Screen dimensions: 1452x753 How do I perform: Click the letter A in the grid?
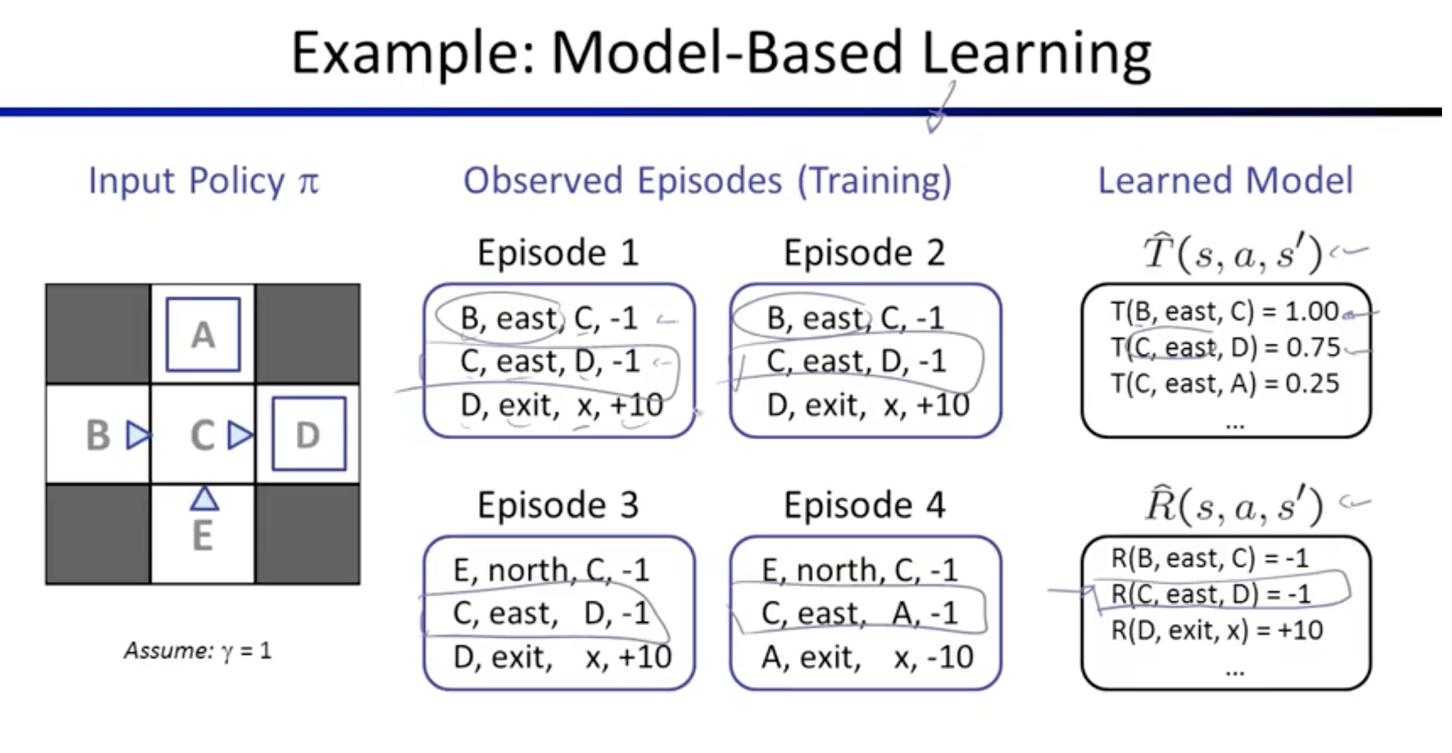coord(203,335)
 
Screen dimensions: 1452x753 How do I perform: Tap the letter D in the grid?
coord(307,436)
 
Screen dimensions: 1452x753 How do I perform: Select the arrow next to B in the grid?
coord(139,435)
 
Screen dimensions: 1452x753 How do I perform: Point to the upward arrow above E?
coord(204,498)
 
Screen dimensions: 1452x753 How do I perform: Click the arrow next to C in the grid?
coord(241,435)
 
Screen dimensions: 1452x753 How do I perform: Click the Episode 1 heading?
coord(558,253)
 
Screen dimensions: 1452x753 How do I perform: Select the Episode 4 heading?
coord(865,505)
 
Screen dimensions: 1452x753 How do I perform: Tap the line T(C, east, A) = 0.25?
coord(1225,384)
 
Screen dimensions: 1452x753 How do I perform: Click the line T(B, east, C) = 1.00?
coord(1225,311)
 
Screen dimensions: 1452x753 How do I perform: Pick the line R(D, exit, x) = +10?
coord(1217,630)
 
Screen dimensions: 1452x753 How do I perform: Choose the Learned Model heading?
coord(1226,180)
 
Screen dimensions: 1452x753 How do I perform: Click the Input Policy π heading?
coord(204,181)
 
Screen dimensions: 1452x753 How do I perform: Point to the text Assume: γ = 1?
coord(198,651)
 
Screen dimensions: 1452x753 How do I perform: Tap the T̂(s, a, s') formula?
coord(1233,253)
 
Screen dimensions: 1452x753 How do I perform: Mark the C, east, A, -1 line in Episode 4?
coord(860,614)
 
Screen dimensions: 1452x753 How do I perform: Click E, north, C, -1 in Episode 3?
coord(552,570)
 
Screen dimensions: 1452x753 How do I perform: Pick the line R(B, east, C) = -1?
coord(1210,557)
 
